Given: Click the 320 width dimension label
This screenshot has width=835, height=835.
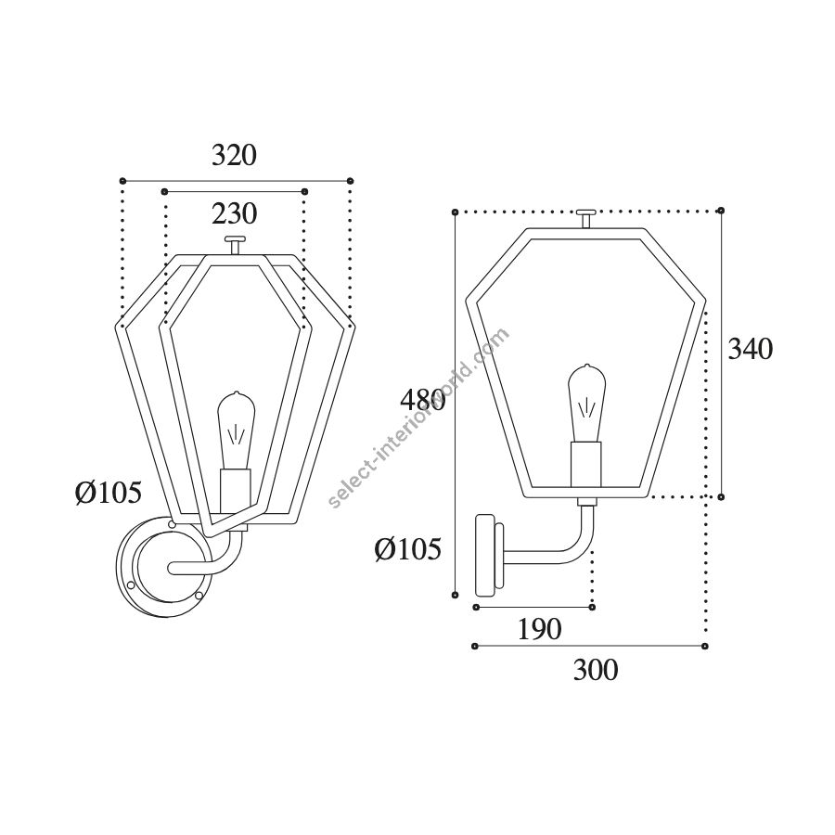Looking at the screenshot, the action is click(235, 155).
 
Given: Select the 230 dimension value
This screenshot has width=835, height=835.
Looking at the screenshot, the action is click(235, 213).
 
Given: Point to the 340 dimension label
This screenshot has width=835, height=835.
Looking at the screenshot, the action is click(751, 350).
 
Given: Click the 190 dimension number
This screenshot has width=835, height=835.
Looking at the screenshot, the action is click(539, 629).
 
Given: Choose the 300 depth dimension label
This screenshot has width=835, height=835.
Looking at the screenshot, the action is click(596, 669).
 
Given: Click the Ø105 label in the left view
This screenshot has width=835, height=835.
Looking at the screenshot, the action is click(109, 492).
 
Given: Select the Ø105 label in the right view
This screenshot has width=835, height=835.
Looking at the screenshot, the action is click(408, 548).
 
